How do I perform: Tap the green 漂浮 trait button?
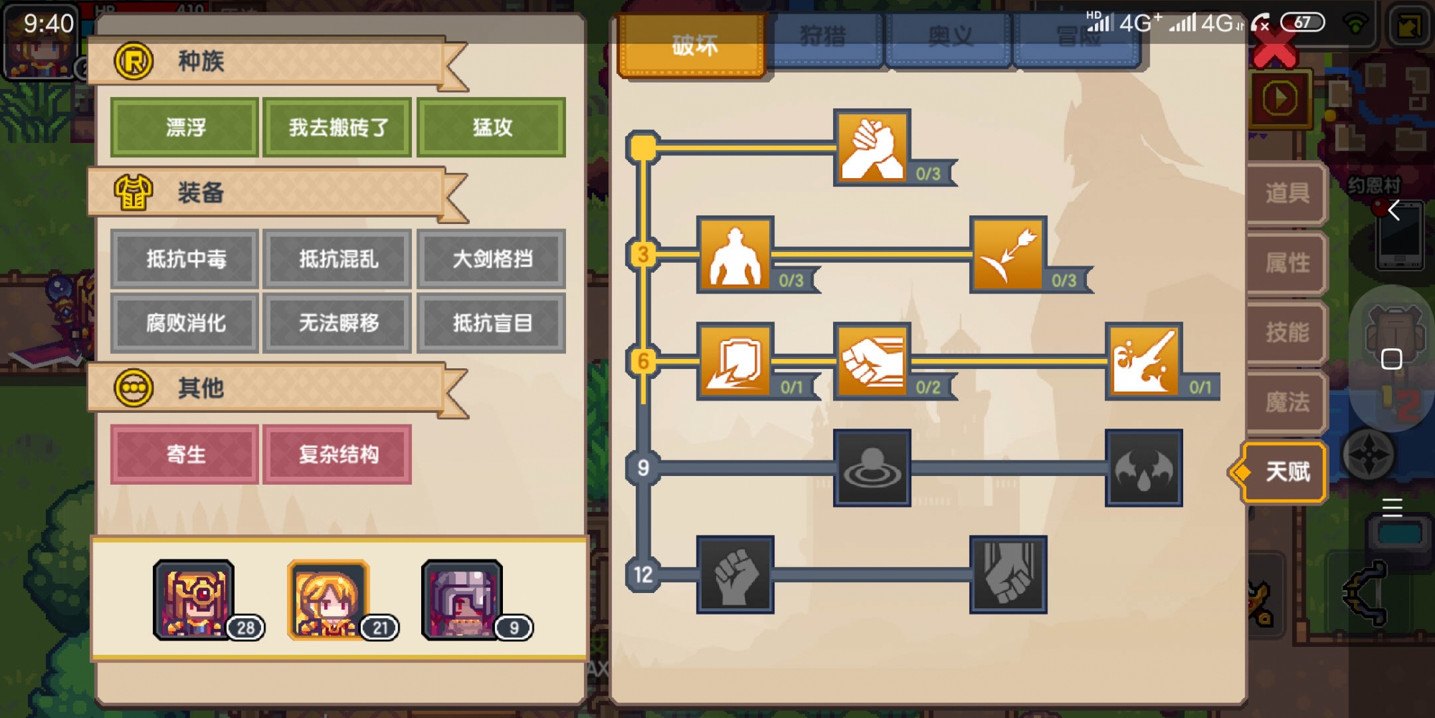point(185,127)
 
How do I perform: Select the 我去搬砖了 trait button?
point(338,127)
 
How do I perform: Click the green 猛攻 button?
point(491,127)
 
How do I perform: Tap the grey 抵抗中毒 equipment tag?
point(185,258)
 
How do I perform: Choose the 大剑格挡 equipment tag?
point(491,258)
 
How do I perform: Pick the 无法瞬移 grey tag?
point(338,322)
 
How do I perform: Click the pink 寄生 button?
point(185,454)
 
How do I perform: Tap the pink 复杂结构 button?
point(338,454)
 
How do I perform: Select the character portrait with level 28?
point(194,600)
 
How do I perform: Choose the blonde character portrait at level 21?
point(329,600)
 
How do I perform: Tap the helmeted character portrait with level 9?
point(463,600)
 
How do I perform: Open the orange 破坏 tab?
point(693,45)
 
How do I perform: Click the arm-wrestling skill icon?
point(872,147)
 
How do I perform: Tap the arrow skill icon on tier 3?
point(1007,253)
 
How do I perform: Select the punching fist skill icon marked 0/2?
point(872,360)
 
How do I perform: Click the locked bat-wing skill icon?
point(1144,467)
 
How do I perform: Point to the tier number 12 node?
point(643,574)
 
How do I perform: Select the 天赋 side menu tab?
point(1286,472)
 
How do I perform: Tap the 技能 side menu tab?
point(1286,332)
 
